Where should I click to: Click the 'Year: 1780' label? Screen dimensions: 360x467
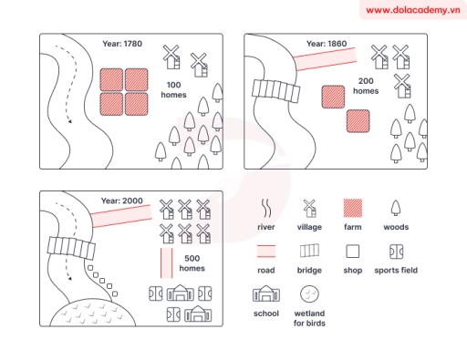122,43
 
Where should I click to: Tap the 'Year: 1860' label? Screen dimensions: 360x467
327,43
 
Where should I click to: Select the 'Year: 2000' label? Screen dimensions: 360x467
122,200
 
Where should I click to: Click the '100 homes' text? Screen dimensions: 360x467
173,89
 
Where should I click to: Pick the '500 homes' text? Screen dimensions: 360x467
192,263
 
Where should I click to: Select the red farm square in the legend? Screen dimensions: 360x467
353,207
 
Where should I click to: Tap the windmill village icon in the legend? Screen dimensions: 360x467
309,207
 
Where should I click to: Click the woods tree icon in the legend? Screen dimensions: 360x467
396,207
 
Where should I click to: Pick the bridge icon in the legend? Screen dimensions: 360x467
309,251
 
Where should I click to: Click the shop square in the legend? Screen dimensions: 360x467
353,251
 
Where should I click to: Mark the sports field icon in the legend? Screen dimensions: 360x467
396,251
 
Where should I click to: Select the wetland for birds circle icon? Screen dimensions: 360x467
309,293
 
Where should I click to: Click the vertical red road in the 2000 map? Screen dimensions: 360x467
167,263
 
